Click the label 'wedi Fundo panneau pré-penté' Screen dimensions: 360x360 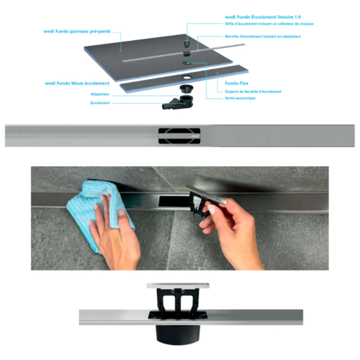[x=77, y=32]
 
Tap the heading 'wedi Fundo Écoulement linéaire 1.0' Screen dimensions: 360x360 [x=263, y=17]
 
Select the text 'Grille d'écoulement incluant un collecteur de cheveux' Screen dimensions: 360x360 [x=269, y=24]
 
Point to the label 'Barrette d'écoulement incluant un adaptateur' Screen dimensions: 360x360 [x=263, y=36]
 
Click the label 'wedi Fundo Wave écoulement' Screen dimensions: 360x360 [x=77, y=83]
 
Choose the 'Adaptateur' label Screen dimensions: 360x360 [x=100, y=94]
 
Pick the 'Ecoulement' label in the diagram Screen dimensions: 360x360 [x=100, y=103]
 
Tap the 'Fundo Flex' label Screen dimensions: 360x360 [x=236, y=83]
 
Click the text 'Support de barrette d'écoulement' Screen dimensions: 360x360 [x=253, y=92]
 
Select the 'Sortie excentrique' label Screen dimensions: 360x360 [x=240, y=98]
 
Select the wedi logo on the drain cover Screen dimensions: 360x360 [x=195, y=136]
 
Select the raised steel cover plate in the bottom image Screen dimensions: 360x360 [x=178, y=285]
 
